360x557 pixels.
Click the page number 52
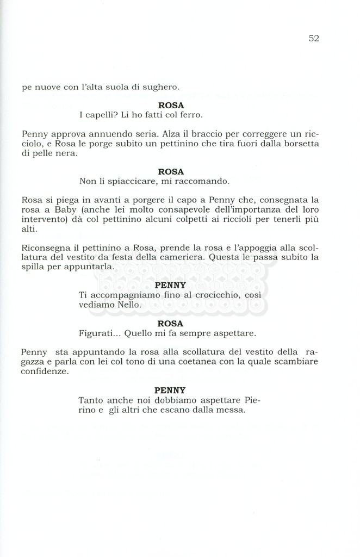coord(313,38)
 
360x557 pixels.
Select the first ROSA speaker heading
coord(171,105)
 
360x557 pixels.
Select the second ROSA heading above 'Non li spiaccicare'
coord(171,171)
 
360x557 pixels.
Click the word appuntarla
coord(94,268)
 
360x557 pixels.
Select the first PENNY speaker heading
coord(170,285)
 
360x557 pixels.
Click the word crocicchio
coord(206,295)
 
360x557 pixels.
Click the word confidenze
coord(46,372)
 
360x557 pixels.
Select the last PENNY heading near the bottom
coord(170,390)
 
